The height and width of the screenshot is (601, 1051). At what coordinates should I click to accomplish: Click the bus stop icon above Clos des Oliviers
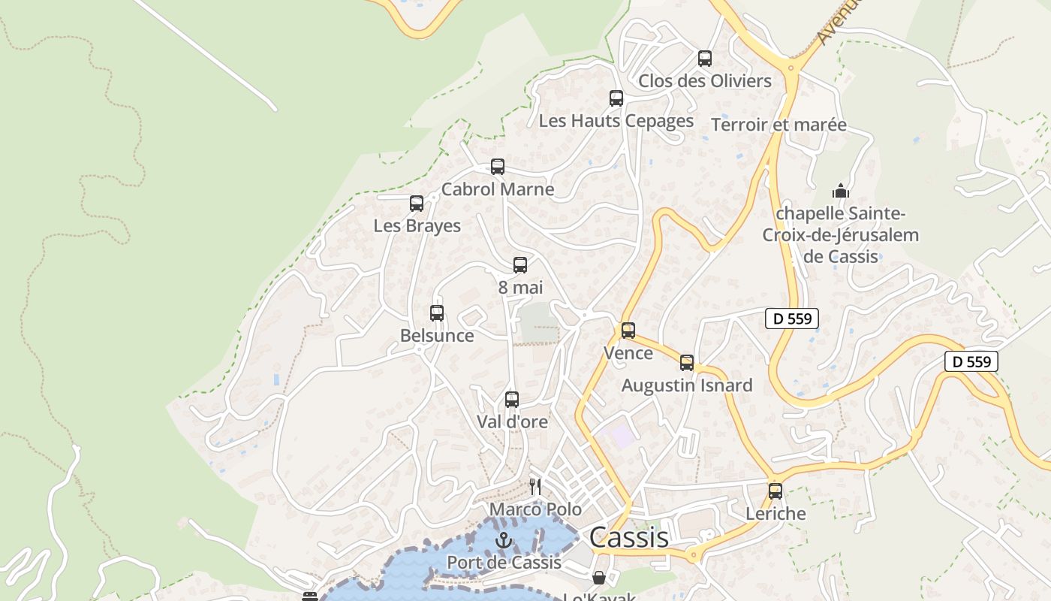704,59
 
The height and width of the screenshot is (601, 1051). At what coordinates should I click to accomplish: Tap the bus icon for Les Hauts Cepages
616,98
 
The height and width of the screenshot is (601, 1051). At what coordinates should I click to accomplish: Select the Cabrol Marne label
498,189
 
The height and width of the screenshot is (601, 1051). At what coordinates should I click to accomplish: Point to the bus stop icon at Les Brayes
417,204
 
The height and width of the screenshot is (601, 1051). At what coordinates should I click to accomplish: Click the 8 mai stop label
520,288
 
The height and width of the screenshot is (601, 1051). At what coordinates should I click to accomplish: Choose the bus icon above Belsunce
437,313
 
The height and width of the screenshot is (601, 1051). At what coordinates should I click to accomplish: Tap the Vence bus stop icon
628,331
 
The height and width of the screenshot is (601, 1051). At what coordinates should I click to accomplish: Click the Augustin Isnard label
687,386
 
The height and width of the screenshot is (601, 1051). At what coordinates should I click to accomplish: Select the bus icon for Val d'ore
512,400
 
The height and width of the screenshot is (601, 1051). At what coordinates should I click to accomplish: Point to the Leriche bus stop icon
775,491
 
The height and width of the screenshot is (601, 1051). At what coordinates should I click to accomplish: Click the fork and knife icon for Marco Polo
535,487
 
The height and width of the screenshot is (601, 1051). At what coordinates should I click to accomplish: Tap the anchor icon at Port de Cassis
504,540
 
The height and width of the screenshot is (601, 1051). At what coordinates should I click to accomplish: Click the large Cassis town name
629,538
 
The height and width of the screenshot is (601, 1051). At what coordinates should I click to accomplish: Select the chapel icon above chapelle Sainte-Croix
841,191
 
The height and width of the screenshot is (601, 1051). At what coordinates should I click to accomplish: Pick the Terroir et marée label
778,125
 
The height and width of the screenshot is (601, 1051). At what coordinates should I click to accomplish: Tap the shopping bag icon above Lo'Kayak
599,578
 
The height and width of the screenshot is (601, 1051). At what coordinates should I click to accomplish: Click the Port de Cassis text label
504,563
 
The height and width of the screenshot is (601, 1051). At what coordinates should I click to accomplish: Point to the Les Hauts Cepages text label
616,121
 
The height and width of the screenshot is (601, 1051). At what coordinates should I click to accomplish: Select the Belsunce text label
437,336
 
